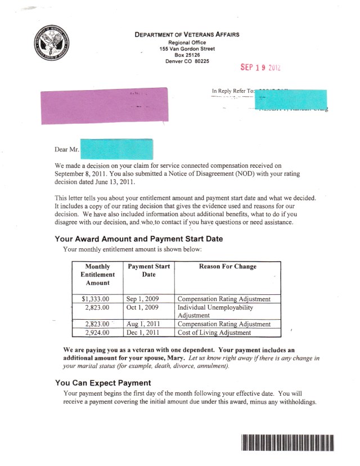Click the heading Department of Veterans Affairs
(187, 34)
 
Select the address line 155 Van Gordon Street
(187, 48)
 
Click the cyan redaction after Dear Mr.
(118, 149)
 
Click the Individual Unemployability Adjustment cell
(215, 312)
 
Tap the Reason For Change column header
(227, 266)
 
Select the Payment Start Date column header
(148, 270)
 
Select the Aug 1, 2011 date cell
(143, 324)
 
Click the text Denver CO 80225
(187, 61)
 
